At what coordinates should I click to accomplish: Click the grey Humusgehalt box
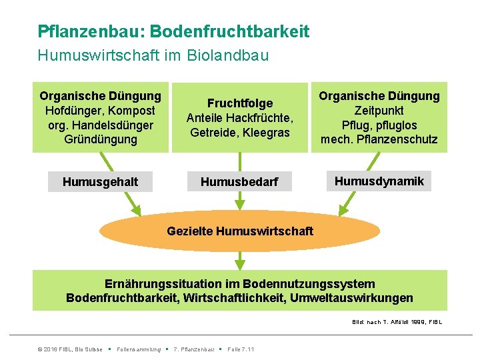click(x=100, y=182)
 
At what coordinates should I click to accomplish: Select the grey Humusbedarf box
click(x=239, y=182)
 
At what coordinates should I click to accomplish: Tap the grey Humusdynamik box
click(x=379, y=181)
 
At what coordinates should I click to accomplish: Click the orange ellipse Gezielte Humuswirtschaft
click(x=240, y=231)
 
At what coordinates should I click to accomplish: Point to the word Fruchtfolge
click(x=240, y=103)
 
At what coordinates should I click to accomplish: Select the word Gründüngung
click(x=101, y=140)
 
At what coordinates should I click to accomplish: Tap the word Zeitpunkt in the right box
click(x=379, y=111)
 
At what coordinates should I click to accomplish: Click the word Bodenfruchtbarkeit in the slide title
click(x=230, y=31)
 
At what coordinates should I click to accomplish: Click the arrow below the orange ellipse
click(x=240, y=259)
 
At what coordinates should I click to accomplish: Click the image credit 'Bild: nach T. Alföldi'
click(x=397, y=323)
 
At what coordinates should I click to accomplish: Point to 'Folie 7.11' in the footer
click(x=241, y=349)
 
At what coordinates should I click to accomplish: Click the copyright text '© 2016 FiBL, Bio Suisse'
click(x=69, y=349)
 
